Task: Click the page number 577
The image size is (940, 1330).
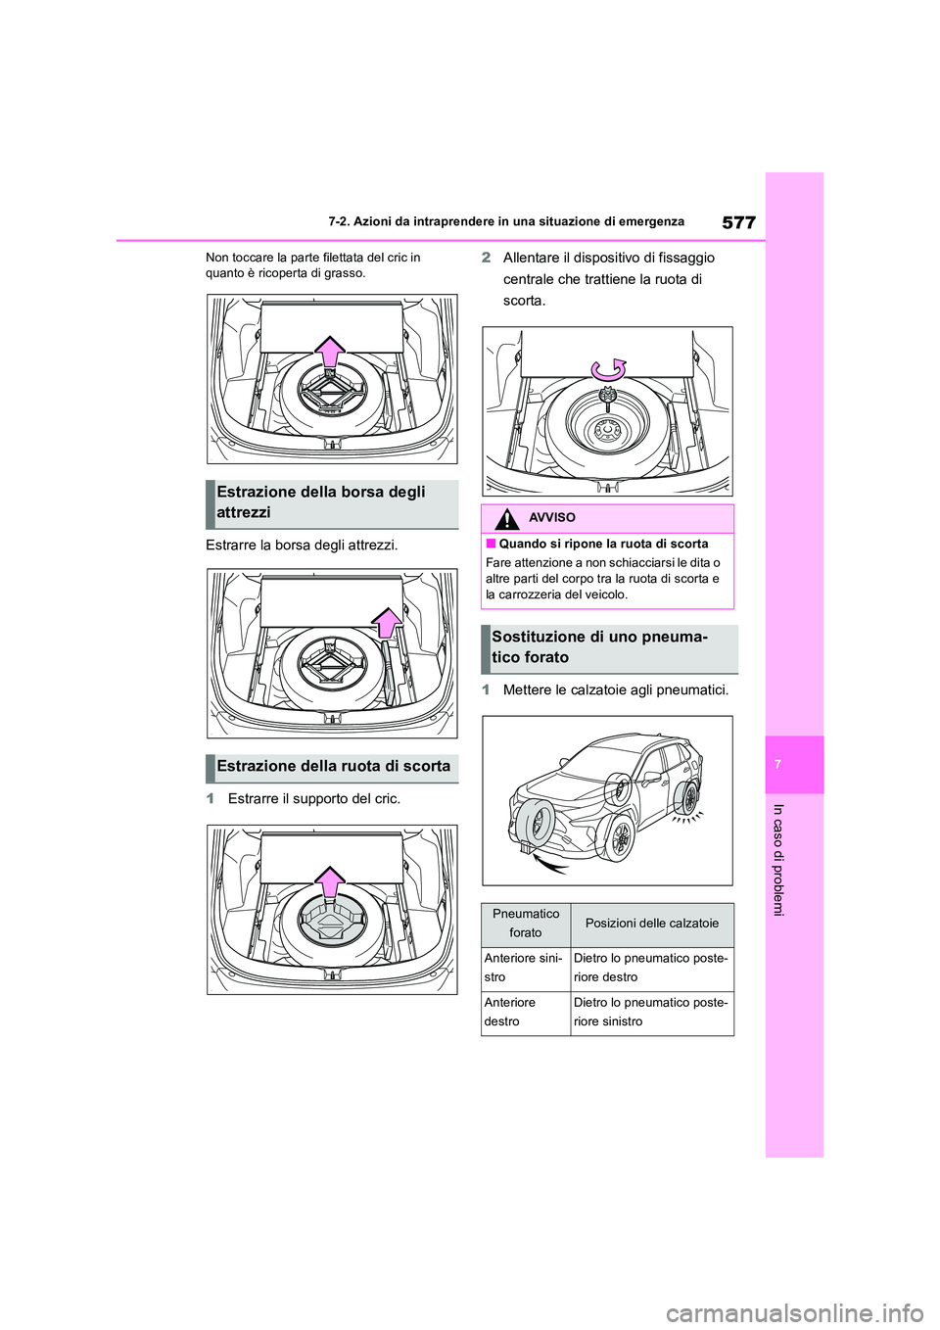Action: pos(738,222)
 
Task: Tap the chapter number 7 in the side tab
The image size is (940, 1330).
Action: pos(777,764)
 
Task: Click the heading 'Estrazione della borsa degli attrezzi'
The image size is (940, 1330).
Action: pos(321,502)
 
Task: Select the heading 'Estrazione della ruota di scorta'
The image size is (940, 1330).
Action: pos(333,767)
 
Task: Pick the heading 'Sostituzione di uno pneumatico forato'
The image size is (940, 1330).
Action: pos(599,647)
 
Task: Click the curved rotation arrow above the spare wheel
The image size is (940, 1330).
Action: pos(608,369)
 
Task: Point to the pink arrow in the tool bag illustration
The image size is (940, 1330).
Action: pos(388,622)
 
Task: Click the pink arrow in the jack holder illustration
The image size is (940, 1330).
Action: pos(331,881)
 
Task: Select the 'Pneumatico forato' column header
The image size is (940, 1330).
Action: pos(526,924)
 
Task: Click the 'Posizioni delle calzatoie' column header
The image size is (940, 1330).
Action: pos(652,924)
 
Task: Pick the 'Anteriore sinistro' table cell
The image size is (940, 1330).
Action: pos(524,968)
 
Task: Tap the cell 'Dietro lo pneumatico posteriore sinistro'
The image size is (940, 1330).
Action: pos(651,1012)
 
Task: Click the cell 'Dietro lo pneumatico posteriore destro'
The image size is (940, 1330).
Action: pos(651,968)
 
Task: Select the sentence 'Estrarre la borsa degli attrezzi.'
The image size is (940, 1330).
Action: pos(302,546)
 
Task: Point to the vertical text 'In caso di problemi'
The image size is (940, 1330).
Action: pos(778,860)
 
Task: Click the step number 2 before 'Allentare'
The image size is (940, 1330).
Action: pos(487,258)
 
